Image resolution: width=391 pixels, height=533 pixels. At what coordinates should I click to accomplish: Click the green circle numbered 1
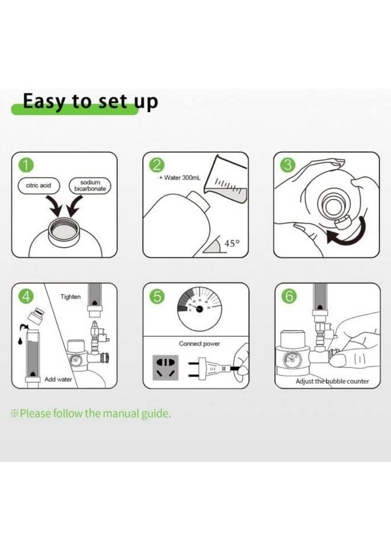click(26, 166)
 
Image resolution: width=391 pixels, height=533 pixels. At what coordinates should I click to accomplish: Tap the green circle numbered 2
click(157, 166)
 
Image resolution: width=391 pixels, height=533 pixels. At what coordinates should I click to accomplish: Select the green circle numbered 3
click(288, 166)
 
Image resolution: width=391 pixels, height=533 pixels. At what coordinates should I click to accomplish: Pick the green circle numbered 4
click(26, 297)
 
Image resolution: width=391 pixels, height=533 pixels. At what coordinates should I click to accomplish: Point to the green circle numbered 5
click(157, 297)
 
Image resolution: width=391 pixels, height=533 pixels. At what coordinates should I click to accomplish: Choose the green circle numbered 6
click(289, 297)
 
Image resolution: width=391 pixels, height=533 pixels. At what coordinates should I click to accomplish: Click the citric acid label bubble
click(39, 185)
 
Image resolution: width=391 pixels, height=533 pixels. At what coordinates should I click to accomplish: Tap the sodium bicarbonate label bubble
click(90, 185)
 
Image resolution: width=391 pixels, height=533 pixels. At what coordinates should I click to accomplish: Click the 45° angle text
click(232, 243)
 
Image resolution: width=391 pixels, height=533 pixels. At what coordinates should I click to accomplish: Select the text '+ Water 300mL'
click(180, 178)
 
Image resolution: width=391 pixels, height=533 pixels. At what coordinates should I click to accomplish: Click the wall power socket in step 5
click(165, 368)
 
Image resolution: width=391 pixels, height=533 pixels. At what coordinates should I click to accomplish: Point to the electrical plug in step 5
click(211, 368)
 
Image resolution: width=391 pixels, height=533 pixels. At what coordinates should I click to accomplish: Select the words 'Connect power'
click(200, 343)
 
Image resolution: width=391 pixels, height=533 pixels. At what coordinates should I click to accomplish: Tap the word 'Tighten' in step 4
click(70, 297)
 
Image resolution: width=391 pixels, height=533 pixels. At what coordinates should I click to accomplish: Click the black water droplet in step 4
click(20, 341)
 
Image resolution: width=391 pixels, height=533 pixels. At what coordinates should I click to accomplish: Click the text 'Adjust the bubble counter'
click(332, 381)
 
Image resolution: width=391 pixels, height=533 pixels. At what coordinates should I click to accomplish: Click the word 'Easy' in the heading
click(45, 102)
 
